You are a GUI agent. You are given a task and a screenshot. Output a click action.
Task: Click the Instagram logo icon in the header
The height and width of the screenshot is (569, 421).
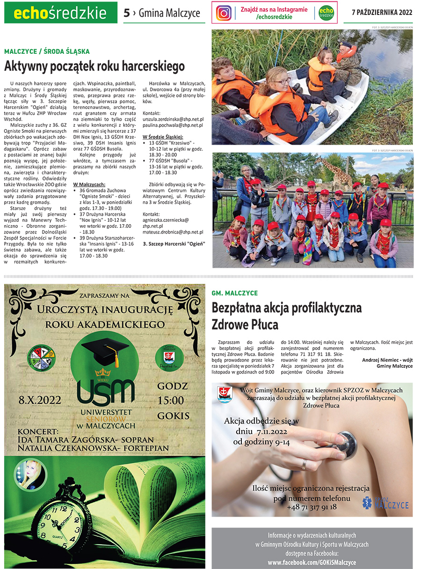click(224, 13)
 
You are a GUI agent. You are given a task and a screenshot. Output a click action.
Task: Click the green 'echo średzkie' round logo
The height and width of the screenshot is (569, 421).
click(327, 13)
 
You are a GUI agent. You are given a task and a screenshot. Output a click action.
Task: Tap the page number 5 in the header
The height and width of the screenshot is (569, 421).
click(126, 13)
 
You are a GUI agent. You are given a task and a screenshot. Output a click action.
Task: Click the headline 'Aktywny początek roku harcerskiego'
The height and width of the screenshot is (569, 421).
click(94, 66)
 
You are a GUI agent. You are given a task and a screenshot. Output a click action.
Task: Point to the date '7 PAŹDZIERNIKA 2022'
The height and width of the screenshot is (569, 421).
click(382, 13)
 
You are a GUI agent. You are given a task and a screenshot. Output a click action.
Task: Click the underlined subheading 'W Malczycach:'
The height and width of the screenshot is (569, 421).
click(89, 184)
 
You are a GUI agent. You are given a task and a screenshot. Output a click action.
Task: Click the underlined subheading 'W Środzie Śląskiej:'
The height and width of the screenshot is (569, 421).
click(163, 137)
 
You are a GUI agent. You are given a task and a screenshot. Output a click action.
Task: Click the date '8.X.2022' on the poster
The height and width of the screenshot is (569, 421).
click(37, 400)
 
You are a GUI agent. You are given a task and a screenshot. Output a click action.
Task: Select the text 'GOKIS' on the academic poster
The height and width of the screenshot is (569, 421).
click(173, 416)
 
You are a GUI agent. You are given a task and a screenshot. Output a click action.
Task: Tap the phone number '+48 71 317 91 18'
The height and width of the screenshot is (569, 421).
click(312, 507)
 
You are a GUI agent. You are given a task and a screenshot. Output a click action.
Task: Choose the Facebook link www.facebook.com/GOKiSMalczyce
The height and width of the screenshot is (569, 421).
click(312, 562)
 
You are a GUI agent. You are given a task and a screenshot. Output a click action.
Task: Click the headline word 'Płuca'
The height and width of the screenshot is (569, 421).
click(260, 324)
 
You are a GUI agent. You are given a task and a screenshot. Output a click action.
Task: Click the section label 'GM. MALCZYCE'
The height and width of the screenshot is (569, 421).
click(235, 293)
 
